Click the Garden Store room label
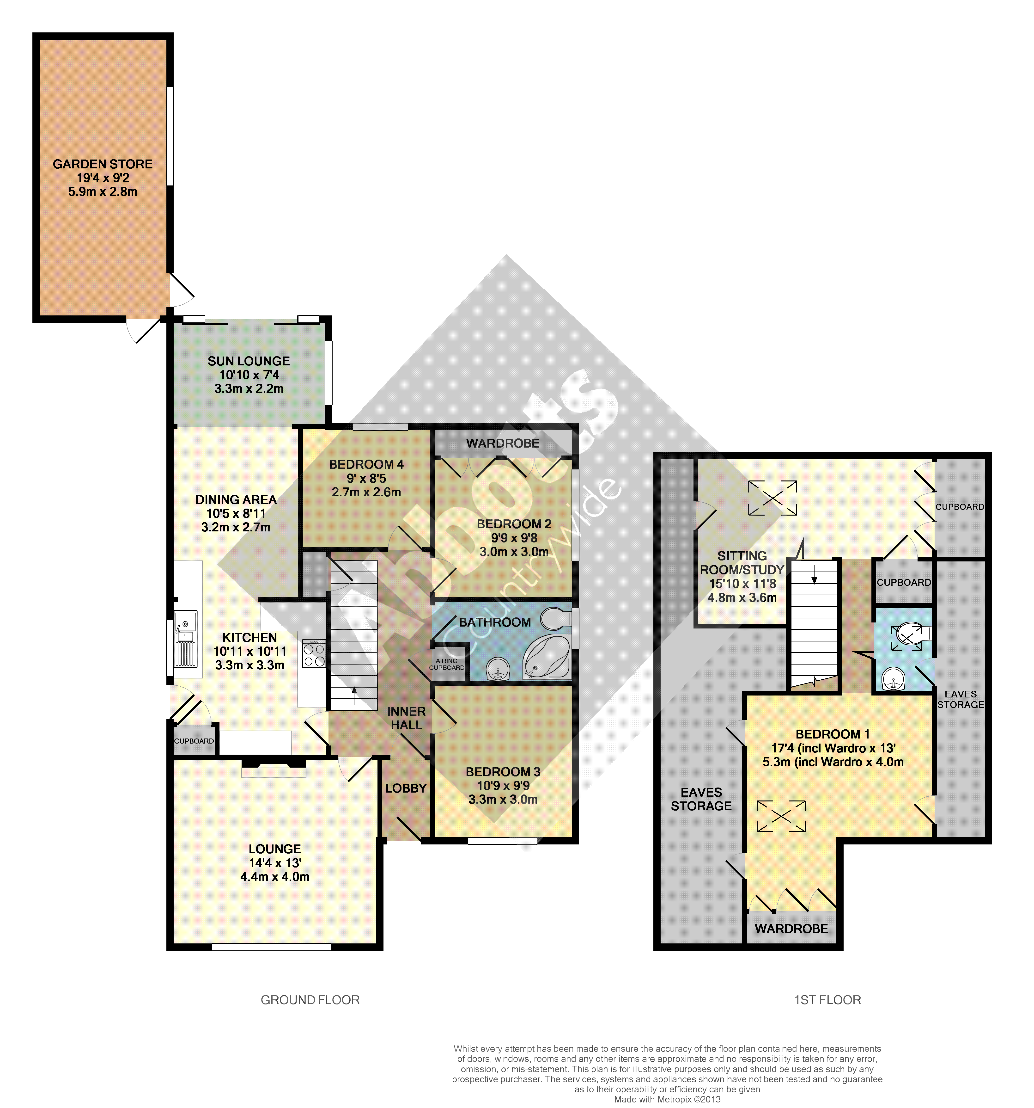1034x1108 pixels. (x=103, y=164)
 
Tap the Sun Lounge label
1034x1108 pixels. (x=249, y=361)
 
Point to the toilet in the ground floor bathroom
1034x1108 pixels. (x=556, y=618)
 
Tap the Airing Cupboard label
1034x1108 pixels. (x=447, y=664)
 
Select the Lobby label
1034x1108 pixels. (x=406, y=788)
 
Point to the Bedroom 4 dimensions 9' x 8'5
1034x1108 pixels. (x=366, y=478)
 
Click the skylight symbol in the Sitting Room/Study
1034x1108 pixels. (x=773, y=498)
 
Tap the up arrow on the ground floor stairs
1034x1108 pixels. (x=354, y=696)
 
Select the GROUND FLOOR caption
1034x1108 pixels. (x=310, y=1000)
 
